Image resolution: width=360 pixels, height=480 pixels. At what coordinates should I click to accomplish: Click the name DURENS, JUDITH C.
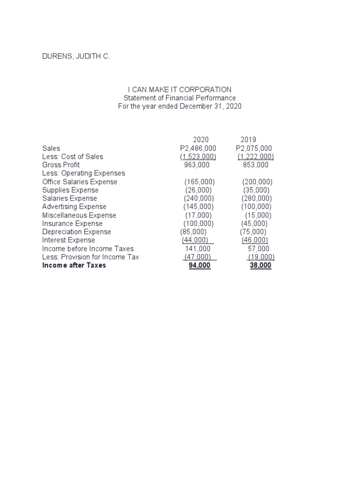pyautogui.click(x=76, y=57)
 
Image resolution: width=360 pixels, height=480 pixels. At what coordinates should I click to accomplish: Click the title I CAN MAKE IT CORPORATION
pyautogui.click(x=180, y=90)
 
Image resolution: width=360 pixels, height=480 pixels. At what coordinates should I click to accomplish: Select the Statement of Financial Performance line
pyautogui.click(x=180, y=98)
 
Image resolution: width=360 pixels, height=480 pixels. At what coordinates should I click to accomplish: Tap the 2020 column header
pyautogui.click(x=201, y=140)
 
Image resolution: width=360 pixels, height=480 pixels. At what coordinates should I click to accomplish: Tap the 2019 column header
pyautogui.click(x=248, y=140)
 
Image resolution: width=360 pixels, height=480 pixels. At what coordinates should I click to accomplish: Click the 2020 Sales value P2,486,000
pyautogui.click(x=198, y=148)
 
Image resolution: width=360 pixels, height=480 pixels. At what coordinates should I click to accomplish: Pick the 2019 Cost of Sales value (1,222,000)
pyautogui.click(x=255, y=157)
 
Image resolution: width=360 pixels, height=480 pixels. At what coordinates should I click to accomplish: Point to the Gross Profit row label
pyautogui.click(x=61, y=165)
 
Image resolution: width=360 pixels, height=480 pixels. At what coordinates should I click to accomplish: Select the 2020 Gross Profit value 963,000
pyautogui.click(x=197, y=165)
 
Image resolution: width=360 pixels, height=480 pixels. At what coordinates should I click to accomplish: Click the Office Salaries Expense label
pyautogui.click(x=80, y=182)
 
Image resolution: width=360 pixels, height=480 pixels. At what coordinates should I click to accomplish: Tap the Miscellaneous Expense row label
pyautogui.click(x=79, y=215)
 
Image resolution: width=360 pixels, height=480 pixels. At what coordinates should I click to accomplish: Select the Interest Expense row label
pyautogui.click(x=68, y=240)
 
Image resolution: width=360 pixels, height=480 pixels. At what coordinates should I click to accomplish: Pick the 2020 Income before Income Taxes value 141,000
pyautogui.click(x=198, y=249)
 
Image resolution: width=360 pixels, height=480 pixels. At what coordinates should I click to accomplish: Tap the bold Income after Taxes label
pyautogui.click(x=74, y=266)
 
